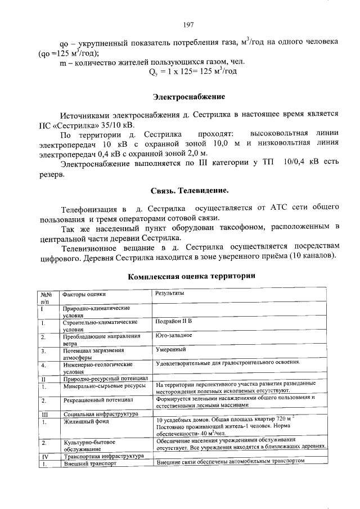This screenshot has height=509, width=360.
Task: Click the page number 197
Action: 188,25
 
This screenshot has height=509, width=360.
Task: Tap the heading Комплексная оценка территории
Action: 191,276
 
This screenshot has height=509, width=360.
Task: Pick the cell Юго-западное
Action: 174,335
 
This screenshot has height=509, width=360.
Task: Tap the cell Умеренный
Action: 171,350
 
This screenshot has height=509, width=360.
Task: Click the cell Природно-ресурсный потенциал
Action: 105,379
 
